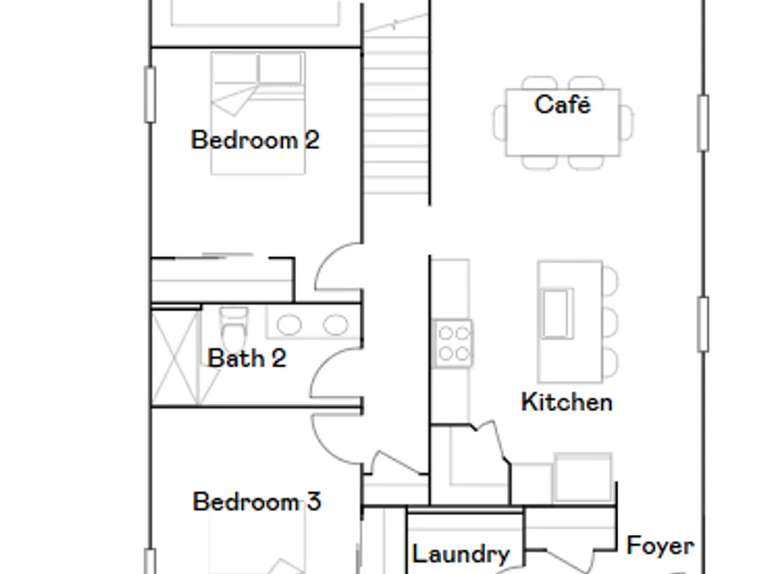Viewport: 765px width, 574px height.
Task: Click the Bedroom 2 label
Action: [256, 140]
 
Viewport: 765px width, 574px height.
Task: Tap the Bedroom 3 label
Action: [256, 501]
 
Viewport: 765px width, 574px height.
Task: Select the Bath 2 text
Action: [247, 358]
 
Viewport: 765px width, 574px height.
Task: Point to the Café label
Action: [562, 104]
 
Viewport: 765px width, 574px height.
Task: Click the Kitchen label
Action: [566, 403]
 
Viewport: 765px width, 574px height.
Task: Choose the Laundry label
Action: [461, 554]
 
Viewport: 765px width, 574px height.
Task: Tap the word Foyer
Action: [660, 546]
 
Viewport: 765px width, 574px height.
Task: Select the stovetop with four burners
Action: [453, 343]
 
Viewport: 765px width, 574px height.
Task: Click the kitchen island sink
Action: [556, 313]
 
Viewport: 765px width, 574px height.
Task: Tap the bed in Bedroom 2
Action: [258, 113]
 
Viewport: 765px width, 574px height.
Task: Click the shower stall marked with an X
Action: [176, 357]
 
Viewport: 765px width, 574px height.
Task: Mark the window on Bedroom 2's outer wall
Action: [150, 95]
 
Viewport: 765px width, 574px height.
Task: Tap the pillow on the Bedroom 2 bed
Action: [279, 68]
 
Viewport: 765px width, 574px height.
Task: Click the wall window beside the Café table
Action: [702, 123]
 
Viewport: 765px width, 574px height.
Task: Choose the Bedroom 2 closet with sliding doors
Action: [223, 279]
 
